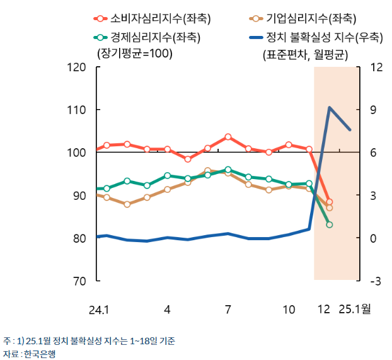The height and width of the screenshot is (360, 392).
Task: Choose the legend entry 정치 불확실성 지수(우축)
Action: tap(315, 37)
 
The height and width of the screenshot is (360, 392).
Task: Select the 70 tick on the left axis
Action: tap(79, 281)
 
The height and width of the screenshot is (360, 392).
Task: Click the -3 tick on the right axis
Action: tap(373, 281)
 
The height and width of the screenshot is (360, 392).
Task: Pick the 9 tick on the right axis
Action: tap(371, 110)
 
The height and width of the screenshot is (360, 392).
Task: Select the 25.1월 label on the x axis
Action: tap(355, 310)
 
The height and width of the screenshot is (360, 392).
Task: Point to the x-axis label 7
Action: tap(228, 310)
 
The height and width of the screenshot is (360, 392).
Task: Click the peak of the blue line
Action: tap(329, 108)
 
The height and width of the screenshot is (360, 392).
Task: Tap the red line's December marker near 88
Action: tap(329, 202)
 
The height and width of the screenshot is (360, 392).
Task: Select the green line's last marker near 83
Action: tap(329, 224)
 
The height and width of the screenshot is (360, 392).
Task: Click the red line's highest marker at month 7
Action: tap(228, 137)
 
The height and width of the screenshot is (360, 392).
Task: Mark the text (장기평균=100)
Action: tap(134, 54)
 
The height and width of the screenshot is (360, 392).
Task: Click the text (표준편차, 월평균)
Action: tap(304, 54)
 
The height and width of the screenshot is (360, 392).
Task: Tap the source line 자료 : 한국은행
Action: tap(29, 354)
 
